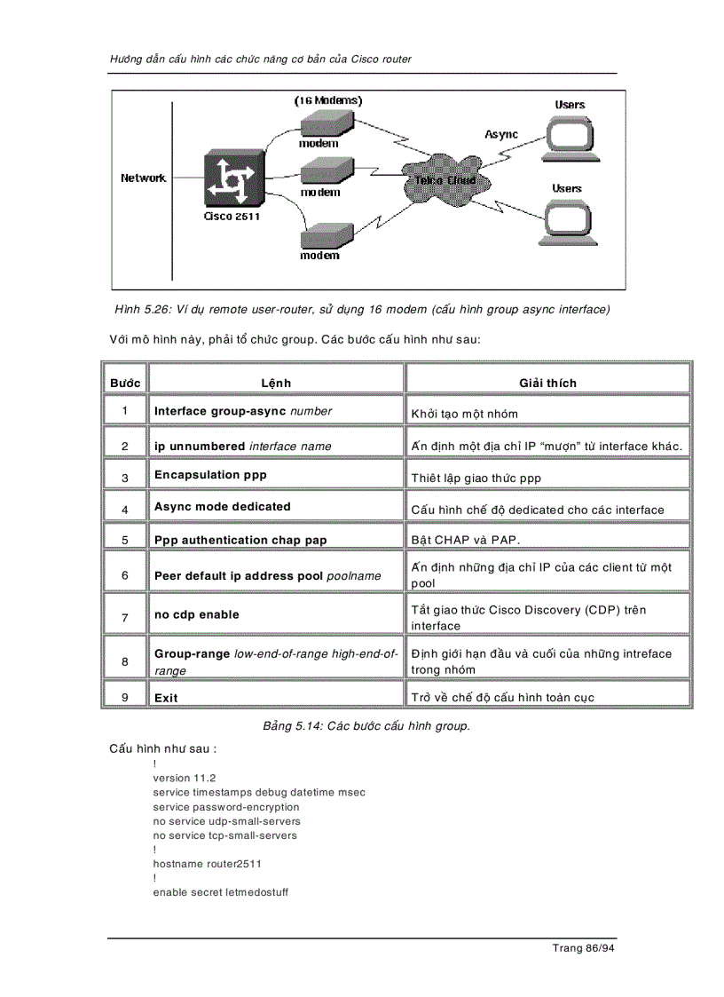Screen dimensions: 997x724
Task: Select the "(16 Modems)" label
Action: [x=328, y=101]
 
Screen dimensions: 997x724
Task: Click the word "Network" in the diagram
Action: [x=144, y=178]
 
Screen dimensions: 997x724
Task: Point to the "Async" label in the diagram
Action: [x=501, y=134]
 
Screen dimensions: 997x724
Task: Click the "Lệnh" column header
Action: [x=276, y=383]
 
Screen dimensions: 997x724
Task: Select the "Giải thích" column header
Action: [x=547, y=383]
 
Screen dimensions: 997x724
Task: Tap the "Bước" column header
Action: [x=125, y=383]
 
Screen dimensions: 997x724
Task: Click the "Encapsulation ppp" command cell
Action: [x=210, y=475]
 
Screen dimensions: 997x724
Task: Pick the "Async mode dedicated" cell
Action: [x=223, y=507]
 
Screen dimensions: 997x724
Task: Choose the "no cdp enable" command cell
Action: [x=197, y=614]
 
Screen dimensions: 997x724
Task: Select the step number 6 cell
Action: [x=125, y=575]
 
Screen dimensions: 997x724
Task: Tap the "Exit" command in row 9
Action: [x=166, y=698]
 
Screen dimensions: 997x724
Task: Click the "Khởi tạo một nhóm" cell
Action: [x=465, y=414]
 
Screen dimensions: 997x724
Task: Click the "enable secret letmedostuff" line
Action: [x=220, y=891]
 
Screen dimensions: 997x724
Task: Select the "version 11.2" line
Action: [x=185, y=778]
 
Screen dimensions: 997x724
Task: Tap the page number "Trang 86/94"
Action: [x=583, y=948]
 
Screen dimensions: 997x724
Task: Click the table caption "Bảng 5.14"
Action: [x=366, y=726]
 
